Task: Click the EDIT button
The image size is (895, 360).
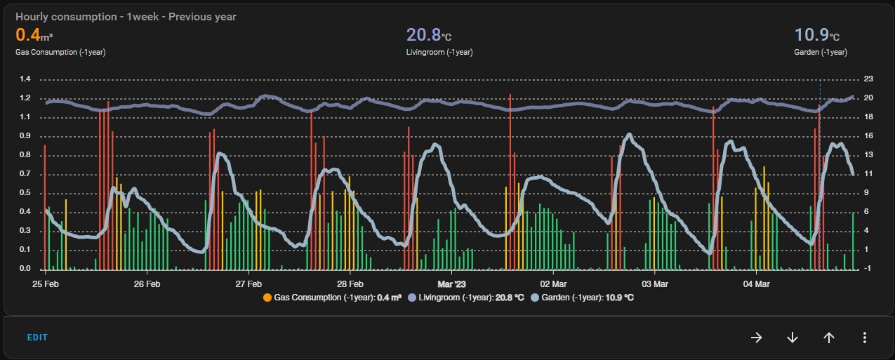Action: pyautogui.click(x=37, y=338)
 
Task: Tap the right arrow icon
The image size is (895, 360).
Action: pyautogui.click(x=756, y=338)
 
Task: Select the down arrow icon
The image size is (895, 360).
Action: pyautogui.click(x=793, y=338)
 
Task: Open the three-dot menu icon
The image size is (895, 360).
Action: pyautogui.click(x=864, y=338)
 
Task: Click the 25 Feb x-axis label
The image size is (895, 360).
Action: pyautogui.click(x=46, y=284)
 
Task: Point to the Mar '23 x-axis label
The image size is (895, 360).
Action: pyautogui.click(x=451, y=284)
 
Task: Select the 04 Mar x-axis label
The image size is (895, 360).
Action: pyautogui.click(x=756, y=284)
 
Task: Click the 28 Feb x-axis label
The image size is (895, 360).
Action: pyautogui.click(x=350, y=284)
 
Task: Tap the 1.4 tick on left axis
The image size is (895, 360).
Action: pyautogui.click(x=25, y=79)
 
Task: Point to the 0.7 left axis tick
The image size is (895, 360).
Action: pyautogui.click(x=25, y=173)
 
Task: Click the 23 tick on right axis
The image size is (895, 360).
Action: pyautogui.click(x=868, y=79)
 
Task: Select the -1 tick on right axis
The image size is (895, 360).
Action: pyautogui.click(x=868, y=269)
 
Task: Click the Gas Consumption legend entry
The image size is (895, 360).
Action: pyautogui.click(x=332, y=298)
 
